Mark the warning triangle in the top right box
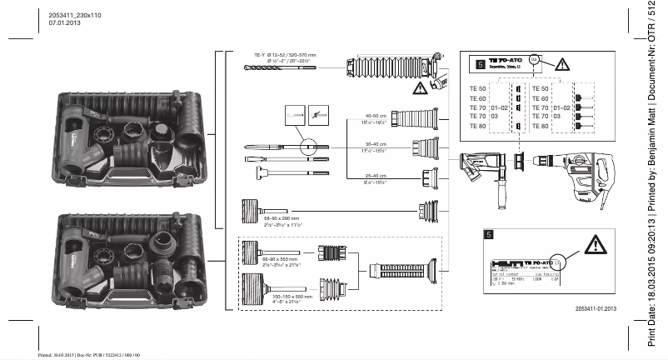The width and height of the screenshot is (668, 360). tap(563, 63)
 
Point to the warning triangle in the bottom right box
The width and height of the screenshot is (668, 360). tap(595, 244)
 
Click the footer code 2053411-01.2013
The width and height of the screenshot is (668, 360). tap(596, 309)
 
